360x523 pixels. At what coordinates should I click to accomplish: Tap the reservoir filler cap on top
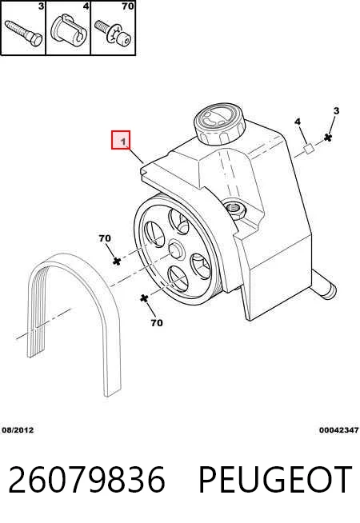(x=219, y=124)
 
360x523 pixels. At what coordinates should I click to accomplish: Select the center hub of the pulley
(x=176, y=250)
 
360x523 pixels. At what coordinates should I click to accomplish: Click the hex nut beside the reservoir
(x=236, y=210)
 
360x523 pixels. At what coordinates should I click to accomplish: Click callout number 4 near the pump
(x=298, y=122)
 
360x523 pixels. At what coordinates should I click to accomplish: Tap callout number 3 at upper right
(x=336, y=110)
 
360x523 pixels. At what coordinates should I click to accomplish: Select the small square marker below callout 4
(x=309, y=149)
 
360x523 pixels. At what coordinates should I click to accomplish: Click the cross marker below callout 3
(x=328, y=138)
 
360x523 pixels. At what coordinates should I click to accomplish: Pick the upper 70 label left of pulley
(x=105, y=238)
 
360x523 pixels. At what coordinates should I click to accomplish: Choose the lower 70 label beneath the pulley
(x=157, y=323)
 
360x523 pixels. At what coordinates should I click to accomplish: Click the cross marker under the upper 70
(x=117, y=261)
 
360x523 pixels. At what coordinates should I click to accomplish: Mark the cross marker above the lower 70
(x=144, y=298)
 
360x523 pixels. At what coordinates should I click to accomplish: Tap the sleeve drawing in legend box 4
(x=69, y=31)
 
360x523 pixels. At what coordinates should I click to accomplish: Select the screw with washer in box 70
(x=113, y=34)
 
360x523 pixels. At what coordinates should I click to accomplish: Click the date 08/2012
(x=18, y=430)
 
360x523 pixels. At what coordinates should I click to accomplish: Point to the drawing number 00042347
(x=338, y=430)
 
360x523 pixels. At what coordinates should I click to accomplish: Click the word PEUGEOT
(x=275, y=480)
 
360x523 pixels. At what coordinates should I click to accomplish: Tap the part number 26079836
(x=86, y=480)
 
